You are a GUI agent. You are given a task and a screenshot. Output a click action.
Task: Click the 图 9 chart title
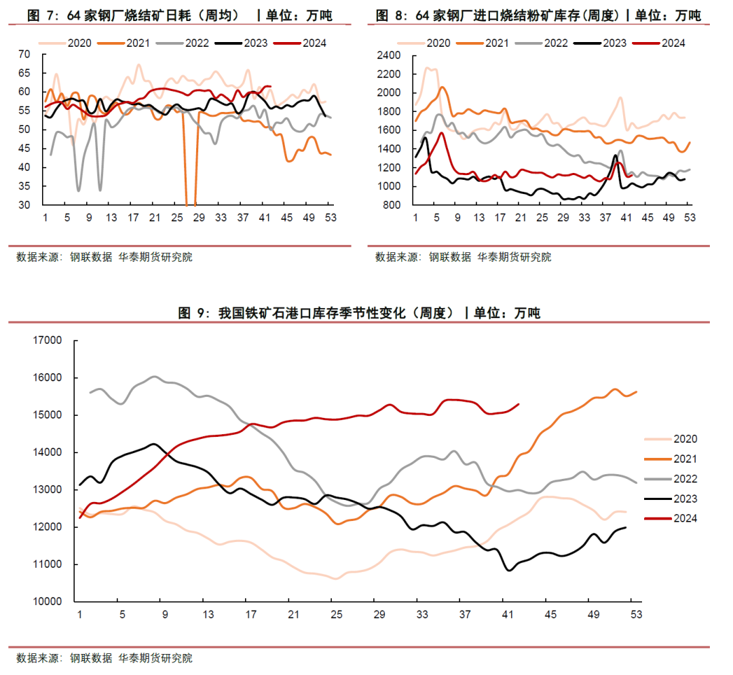pos(359,313)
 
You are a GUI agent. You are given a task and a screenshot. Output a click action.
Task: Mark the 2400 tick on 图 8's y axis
pos(390,56)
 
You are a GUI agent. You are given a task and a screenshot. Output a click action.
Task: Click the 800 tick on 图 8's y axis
pos(393,205)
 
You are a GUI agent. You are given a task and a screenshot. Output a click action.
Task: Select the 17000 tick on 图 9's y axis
pos(48,341)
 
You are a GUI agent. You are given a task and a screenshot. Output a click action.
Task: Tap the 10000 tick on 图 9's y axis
pos(48,602)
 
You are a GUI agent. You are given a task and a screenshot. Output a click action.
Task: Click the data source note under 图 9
pos(105,657)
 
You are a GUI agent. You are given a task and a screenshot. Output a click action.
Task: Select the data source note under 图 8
pos(463,257)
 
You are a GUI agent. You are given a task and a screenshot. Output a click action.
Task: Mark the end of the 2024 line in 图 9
pos(519,404)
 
